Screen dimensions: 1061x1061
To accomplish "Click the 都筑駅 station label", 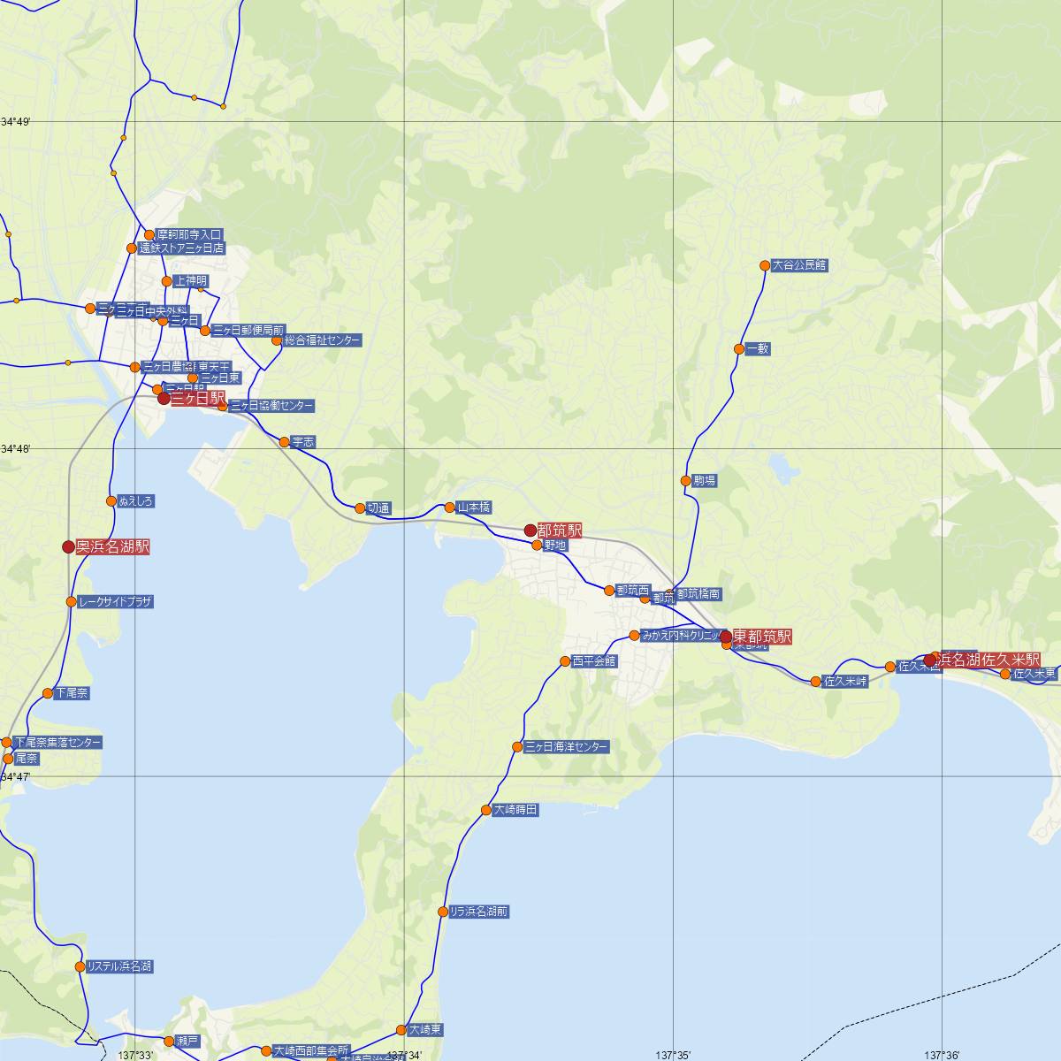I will [560, 530].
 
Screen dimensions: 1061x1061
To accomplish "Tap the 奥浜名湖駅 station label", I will [112, 547].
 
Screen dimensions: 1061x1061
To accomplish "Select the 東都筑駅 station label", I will [762, 637].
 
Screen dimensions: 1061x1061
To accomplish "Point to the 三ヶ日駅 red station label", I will [197, 399].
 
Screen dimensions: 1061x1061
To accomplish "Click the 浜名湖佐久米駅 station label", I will [989, 660].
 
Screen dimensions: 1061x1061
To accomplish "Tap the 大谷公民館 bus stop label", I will [799, 264].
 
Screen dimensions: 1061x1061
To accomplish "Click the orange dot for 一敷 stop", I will [739, 349].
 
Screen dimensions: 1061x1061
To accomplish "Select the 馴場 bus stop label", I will [705, 481].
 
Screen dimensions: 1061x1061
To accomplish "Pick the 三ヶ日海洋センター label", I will [566, 747].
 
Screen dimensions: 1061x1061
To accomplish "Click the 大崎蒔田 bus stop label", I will [515, 810].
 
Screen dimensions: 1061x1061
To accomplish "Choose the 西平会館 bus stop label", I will [593, 661].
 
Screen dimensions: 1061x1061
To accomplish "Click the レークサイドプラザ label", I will [115, 602].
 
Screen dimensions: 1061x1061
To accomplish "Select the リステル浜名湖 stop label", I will [119, 966].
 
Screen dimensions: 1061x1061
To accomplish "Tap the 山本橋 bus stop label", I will [474, 508].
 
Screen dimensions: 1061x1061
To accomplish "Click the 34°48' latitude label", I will [15, 449].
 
